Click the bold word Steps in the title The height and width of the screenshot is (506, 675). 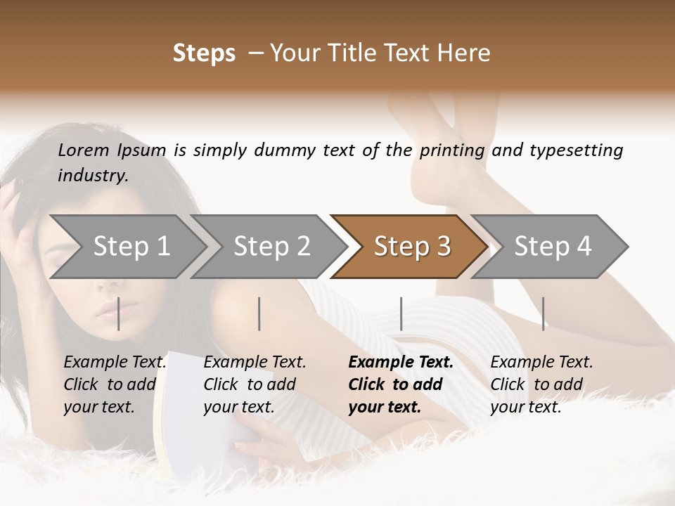204,53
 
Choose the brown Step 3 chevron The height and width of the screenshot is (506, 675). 412,247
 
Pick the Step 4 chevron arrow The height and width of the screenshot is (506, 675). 553,247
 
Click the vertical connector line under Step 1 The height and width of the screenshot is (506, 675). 118,313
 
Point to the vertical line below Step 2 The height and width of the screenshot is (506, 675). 259,313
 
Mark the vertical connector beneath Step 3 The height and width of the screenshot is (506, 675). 401,313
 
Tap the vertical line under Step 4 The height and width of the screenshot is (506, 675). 543,313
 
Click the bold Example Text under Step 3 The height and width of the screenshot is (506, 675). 401,363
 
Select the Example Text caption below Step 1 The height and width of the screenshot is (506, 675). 115,363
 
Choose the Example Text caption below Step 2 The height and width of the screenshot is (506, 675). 255,363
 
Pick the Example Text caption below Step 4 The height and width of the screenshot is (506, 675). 541,363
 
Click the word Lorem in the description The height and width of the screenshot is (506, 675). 83,150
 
